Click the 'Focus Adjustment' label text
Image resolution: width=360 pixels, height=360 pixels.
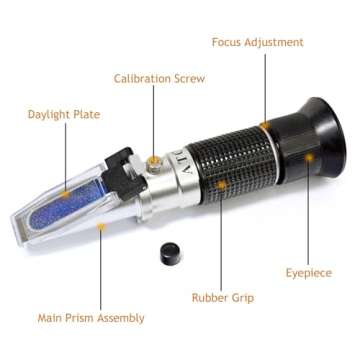coord(257,42)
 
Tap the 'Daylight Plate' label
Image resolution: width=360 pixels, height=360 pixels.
coord(64,115)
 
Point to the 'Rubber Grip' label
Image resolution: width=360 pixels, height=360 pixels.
coord(222,297)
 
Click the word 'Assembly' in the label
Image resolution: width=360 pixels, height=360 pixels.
coord(123,318)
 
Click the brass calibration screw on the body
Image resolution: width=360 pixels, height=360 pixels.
coord(153,159)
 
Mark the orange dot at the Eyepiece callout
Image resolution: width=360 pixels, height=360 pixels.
coord(310,156)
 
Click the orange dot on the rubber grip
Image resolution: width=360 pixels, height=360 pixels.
coord(221,182)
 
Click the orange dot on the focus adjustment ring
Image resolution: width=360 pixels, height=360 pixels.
coord(265,125)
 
